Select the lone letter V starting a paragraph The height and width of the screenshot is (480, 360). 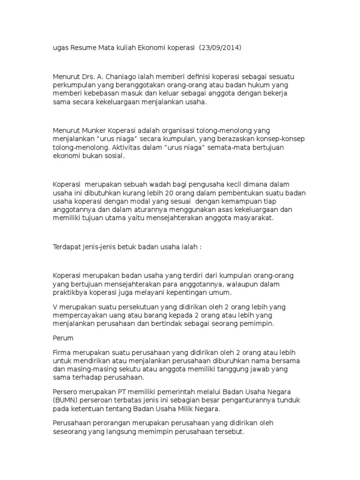click(54, 307)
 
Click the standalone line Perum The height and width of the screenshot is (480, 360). click(61, 337)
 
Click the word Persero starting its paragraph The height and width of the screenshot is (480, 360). click(65, 391)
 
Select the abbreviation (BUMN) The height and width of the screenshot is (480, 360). click(66, 400)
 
